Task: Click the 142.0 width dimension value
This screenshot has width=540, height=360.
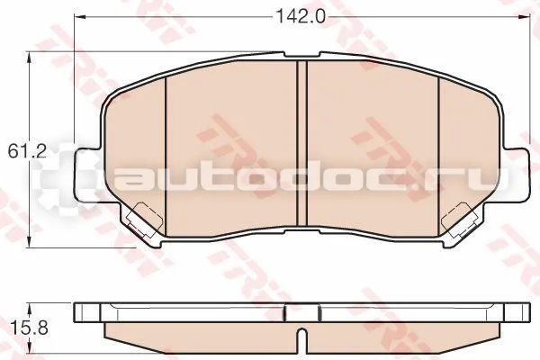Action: click(x=301, y=16)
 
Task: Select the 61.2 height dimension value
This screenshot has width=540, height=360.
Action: click(x=27, y=151)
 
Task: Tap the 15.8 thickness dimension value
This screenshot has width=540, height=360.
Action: click(x=29, y=328)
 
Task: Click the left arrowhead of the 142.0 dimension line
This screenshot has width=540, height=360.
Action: click(x=80, y=16)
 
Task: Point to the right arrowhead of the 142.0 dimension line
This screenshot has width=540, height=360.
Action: click(x=524, y=16)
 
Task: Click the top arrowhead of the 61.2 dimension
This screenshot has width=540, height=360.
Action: click(x=30, y=58)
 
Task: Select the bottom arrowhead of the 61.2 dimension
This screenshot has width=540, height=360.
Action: click(x=30, y=241)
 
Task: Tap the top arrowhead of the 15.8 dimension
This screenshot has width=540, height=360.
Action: click(x=31, y=308)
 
